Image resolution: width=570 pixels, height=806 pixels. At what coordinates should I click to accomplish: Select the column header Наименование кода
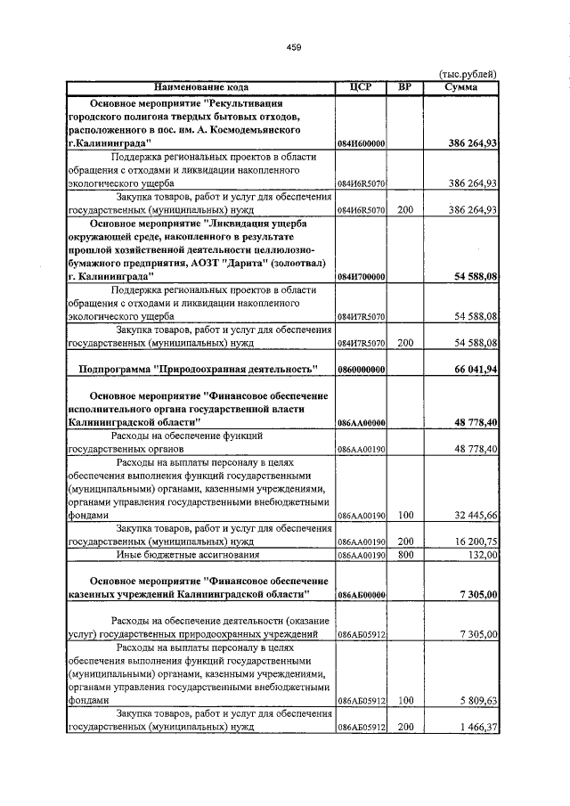point(201,87)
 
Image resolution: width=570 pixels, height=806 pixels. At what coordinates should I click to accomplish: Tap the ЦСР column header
point(361,87)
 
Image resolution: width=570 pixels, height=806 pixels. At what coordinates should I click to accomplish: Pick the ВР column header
point(405,87)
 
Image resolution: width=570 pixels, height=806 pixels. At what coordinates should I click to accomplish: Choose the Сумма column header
point(461,87)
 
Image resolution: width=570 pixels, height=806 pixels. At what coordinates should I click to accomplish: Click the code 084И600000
point(361,143)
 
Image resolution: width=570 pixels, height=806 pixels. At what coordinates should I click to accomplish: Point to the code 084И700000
point(361,278)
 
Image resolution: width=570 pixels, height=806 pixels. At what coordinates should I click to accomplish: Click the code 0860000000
point(361,369)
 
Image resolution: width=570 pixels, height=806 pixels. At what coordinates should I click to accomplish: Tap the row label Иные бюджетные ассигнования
point(178,554)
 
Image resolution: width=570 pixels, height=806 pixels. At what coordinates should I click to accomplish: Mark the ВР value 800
point(405,555)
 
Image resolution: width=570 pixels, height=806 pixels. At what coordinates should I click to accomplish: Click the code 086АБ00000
point(361,594)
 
